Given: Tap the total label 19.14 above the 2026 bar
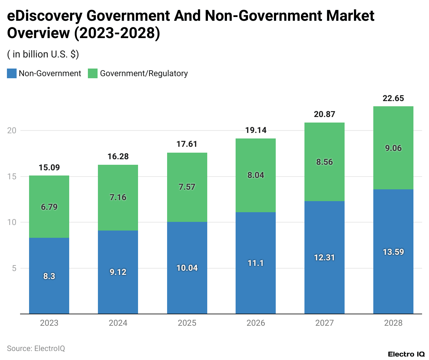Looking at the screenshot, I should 256,130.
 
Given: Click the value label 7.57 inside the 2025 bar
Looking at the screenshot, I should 187,187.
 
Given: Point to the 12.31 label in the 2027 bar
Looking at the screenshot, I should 324,258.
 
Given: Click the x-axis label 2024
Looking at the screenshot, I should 118,323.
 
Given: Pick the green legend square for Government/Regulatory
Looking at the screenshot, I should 93,73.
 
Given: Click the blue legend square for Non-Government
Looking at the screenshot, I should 12,73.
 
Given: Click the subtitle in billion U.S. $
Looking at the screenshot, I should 43,54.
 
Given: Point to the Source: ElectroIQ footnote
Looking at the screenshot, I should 36,348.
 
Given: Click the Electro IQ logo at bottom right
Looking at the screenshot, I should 406,354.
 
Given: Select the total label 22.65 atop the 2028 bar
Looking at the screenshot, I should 393,98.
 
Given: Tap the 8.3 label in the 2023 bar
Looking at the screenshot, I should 49,276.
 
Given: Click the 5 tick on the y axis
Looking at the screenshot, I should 14,268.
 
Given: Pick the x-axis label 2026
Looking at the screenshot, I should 256,323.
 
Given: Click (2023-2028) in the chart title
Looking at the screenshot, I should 117,33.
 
